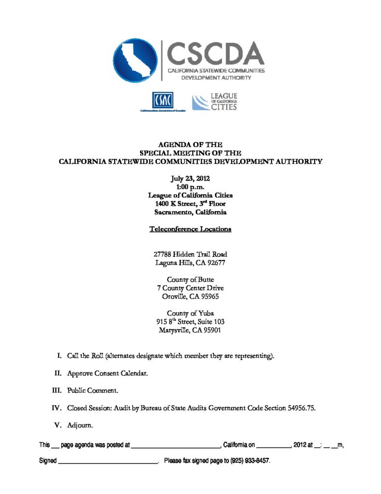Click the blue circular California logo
pos(135,61)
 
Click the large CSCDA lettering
pos(215,54)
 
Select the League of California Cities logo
pos(215,102)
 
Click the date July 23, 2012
pos(190,178)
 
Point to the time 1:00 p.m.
pos(190,187)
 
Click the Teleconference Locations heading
pos(190,229)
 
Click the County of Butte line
pos(190,279)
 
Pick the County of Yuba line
pos(190,313)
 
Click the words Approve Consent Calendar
pos(104,373)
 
